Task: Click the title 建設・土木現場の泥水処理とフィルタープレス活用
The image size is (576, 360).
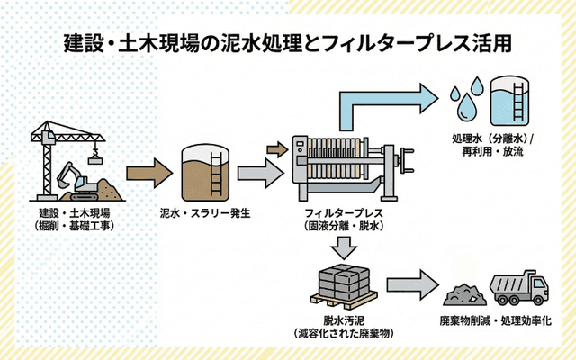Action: (289, 42)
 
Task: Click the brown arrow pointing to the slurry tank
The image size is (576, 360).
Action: (148, 171)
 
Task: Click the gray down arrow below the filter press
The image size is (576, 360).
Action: (343, 248)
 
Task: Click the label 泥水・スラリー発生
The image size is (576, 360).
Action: (204, 213)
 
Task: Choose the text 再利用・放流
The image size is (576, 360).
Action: (493, 154)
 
